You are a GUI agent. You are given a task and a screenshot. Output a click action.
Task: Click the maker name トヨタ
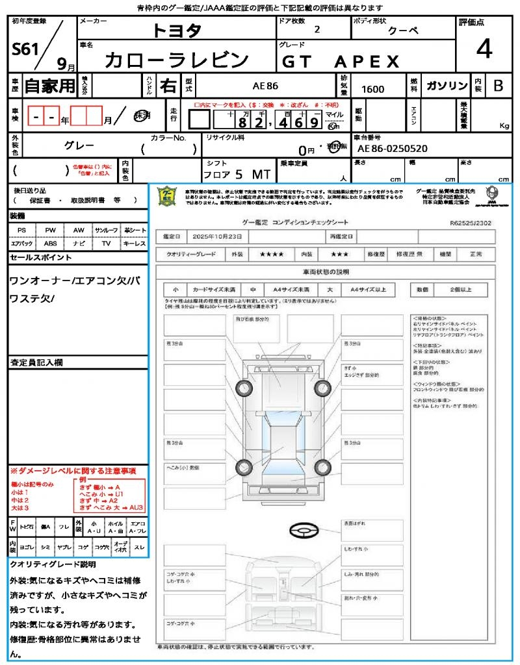(x=177, y=31)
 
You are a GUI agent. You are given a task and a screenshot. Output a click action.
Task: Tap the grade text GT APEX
(x=341, y=62)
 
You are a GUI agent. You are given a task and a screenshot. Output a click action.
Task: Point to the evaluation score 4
(x=483, y=49)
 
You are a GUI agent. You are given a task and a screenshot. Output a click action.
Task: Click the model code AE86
(x=265, y=86)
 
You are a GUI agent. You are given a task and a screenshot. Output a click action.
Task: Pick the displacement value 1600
(x=372, y=89)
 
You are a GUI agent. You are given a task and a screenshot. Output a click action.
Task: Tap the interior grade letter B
(x=498, y=86)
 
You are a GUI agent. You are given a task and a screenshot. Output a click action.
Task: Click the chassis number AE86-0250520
(x=393, y=149)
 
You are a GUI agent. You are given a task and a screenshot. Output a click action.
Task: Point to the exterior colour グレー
(x=79, y=145)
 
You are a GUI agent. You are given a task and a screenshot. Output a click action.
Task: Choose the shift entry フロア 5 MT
(x=236, y=174)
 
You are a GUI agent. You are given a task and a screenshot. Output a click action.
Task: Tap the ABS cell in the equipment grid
(x=50, y=244)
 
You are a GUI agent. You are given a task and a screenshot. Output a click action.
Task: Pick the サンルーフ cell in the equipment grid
(x=107, y=231)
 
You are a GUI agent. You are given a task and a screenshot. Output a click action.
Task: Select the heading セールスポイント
(x=41, y=258)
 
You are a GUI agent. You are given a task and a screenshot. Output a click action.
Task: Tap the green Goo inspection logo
(x=168, y=195)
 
